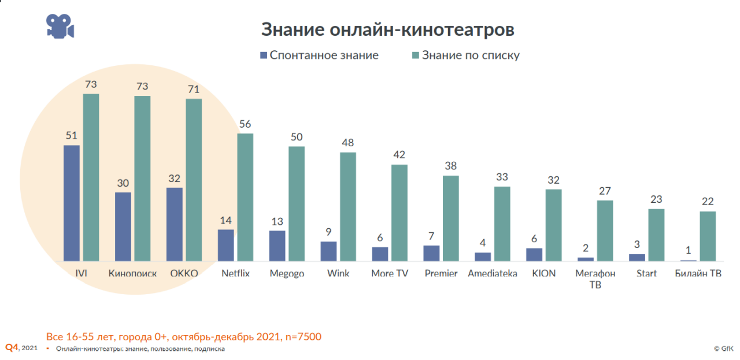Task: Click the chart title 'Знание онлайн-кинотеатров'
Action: point(387,29)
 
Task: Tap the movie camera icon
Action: point(60,26)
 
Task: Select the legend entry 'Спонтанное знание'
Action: point(319,55)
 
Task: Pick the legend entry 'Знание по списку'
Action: point(465,55)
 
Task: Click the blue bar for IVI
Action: point(72,203)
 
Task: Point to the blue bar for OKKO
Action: point(174,224)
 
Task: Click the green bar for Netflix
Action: point(245,197)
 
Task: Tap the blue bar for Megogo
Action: point(277,246)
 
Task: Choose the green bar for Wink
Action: point(347,206)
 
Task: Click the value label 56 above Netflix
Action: point(245,124)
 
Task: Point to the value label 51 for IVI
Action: point(72,136)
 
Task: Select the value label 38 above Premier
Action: point(450,166)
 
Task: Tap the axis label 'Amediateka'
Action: point(493,273)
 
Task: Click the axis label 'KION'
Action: point(543,273)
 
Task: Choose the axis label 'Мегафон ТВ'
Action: point(595,279)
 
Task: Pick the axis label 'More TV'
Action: point(390,273)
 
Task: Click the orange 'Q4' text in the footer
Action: point(12,347)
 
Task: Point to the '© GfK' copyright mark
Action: point(724,348)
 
